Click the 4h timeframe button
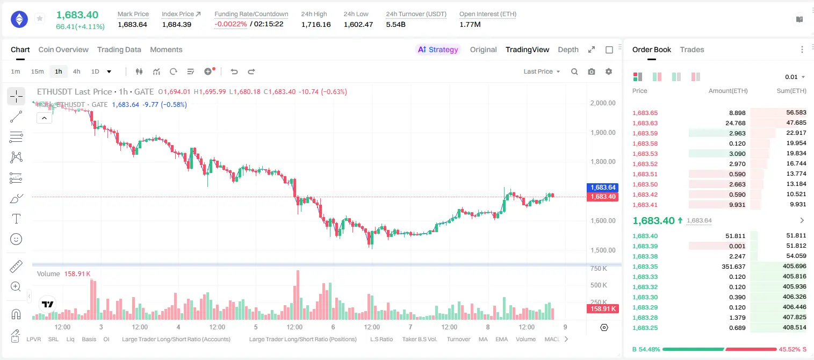(x=76, y=71)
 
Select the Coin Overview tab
(x=63, y=49)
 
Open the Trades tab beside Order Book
(x=692, y=49)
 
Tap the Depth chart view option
(x=568, y=49)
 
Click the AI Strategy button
(x=438, y=49)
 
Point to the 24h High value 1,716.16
(x=316, y=24)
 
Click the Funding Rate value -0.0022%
(x=230, y=24)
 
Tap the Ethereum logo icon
(x=19, y=19)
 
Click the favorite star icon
(x=40, y=18)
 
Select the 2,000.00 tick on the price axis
(x=603, y=103)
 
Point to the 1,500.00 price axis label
(x=603, y=250)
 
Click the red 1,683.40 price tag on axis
(x=602, y=197)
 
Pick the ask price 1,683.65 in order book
(x=645, y=113)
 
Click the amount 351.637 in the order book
(x=733, y=267)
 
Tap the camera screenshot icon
(x=591, y=71)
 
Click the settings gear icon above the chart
(x=609, y=71)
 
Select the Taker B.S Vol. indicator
(x=419, y=339)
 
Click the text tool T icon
(x=16, y=219)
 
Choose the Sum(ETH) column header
(x=791, y=91)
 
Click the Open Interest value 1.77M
(x=470, y=24)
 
